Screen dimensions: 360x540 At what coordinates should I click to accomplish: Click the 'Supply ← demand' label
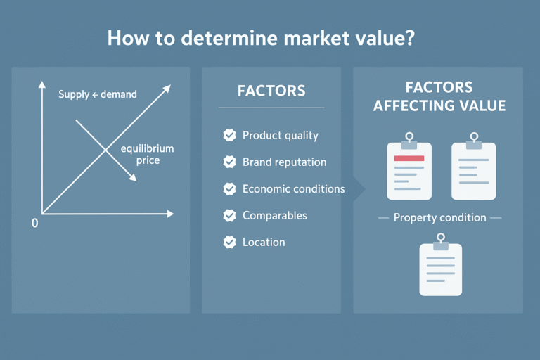[98, 94]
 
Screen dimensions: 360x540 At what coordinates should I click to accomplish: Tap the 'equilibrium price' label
[147, 155]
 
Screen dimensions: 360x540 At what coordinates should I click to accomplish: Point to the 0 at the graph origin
[34, 223]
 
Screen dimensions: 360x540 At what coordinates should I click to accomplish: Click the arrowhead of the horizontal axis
[169, 213]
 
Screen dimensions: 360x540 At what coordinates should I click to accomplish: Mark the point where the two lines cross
[105, 150]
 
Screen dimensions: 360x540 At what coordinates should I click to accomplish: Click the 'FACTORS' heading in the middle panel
[271, 91]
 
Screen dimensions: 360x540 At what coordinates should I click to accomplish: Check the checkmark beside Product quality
[229, 136]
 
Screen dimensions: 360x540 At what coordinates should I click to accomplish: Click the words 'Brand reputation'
[284, 162]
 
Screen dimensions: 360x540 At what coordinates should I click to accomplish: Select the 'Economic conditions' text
[293, 189]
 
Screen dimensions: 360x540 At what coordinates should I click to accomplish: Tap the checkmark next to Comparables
[229, 216]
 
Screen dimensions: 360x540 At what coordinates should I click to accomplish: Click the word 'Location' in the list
[264, 243]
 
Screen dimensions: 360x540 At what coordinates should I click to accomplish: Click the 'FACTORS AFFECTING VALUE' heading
[439, 97]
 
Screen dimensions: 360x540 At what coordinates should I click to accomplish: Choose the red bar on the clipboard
[409, 159]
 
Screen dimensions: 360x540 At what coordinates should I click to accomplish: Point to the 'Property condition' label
[439, 218]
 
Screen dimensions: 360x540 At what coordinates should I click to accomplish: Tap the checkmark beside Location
[229, 243]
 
